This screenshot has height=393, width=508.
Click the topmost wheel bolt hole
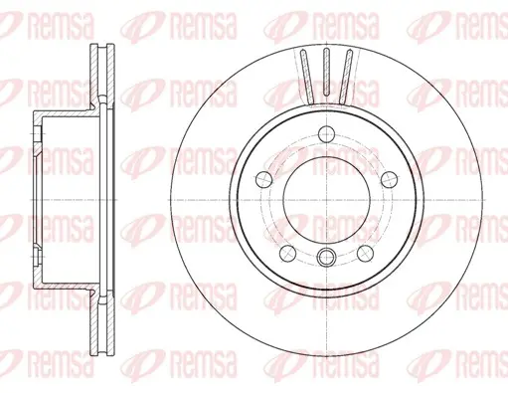pyautogui.click(x=327, y=134)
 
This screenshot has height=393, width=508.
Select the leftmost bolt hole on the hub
pyautogui.click(x=264, y=180)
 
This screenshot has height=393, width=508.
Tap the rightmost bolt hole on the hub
pyautogui.click(x=389, y=180)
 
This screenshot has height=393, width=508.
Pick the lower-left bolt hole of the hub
pyautogui.click(x=287, y=253)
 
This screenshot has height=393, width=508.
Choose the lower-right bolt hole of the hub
pyautogui.click(x=365, y=253)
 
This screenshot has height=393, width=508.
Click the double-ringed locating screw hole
pyautogui.click(x=326, y=257)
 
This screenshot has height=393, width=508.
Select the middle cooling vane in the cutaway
pyautogui.click(x=326, y=72)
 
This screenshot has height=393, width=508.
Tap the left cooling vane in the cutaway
pyautogui.click(x=307, y=77)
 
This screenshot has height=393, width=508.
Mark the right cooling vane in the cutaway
pyautogui.click(x=346, y=77)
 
